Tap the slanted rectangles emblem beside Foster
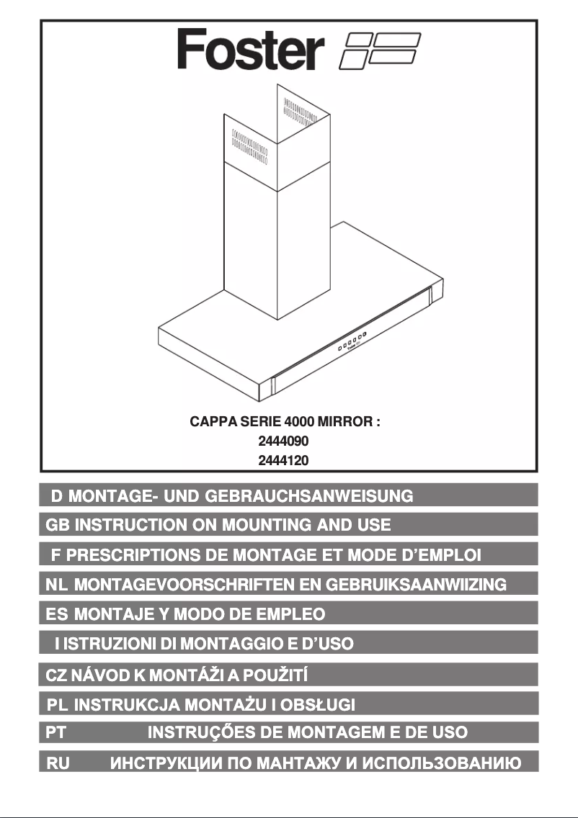tap(380, 51)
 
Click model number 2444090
tap(283, 441)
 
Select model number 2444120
tap(283, 460)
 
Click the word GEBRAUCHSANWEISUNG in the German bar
tap(309, 495)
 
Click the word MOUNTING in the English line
tap(267, 525)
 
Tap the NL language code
tap(56, 584)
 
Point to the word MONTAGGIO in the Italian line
tap(232, 643)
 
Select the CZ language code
tap(56, 675)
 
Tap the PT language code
tap(56, 732)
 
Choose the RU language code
tap(58, 763)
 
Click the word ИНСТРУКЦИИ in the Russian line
tap(166, 763)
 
